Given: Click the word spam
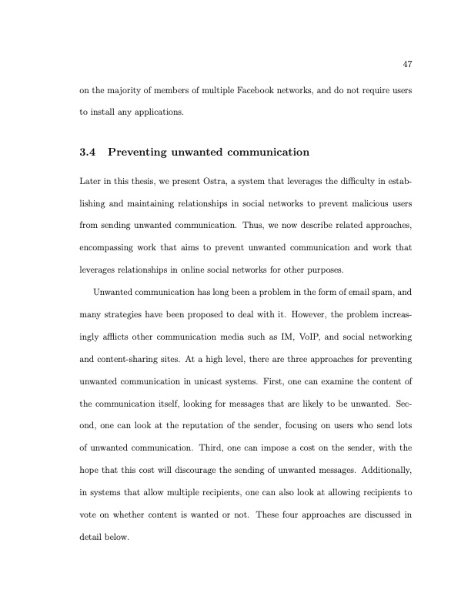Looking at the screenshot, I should [380, 292].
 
